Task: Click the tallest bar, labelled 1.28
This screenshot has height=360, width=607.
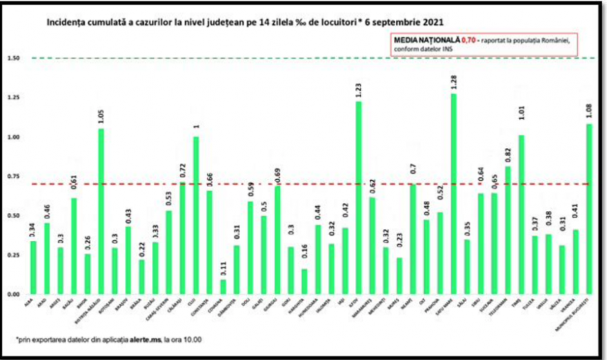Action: coord(453,194)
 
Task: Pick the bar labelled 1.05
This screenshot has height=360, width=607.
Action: coord(101,211)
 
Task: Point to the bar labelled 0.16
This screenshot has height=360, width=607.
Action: coord(304,281)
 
